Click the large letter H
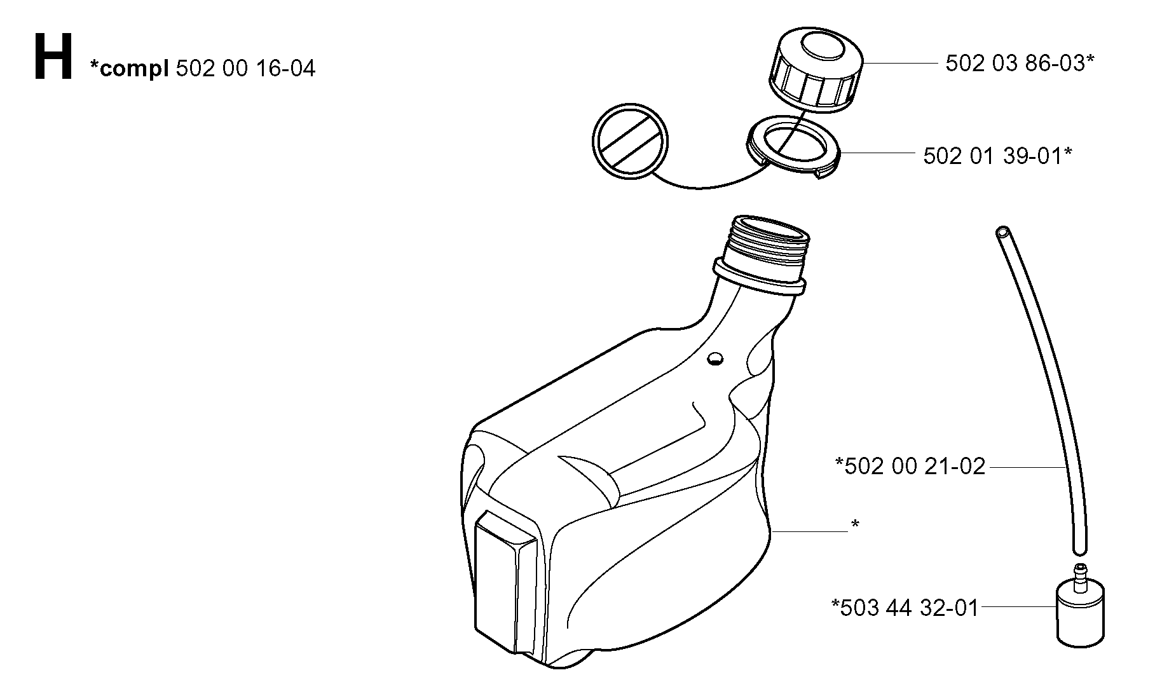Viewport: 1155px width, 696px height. point(53,58)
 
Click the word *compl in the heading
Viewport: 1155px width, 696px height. point(129,68)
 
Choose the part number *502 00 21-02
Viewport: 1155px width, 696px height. point(910,467)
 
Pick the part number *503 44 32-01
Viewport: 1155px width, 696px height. point(905,608)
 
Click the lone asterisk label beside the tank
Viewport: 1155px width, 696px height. point(855,524)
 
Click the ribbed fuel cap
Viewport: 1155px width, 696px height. point(816,71)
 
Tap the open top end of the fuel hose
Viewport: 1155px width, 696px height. point(1002,231)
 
